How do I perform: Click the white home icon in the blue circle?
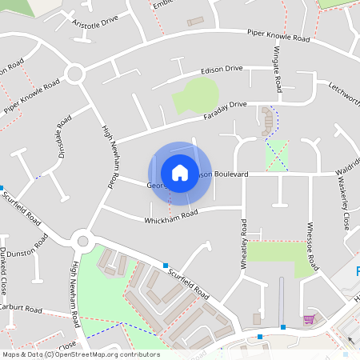click(x=180, y=172)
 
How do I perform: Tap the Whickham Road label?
click(x=170, y=217)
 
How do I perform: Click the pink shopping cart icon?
click(x=308, y=320)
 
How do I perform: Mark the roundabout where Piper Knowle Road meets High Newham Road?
click(x=75, y=74)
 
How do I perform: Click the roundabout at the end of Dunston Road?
click(x=82, y=240)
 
